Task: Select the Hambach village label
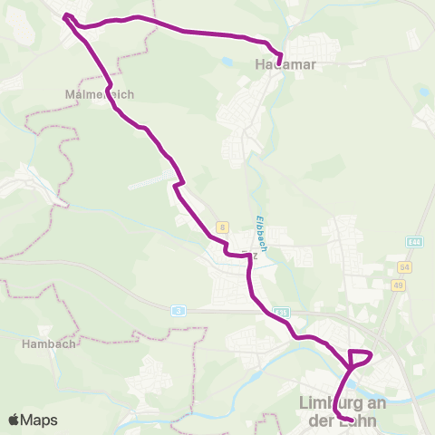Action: pos(42,344)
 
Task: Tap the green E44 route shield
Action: pos(415,242)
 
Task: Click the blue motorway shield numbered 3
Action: pos(178,310)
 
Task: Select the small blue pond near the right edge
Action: pos(421,92)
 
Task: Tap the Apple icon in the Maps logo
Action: pos(14,420)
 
